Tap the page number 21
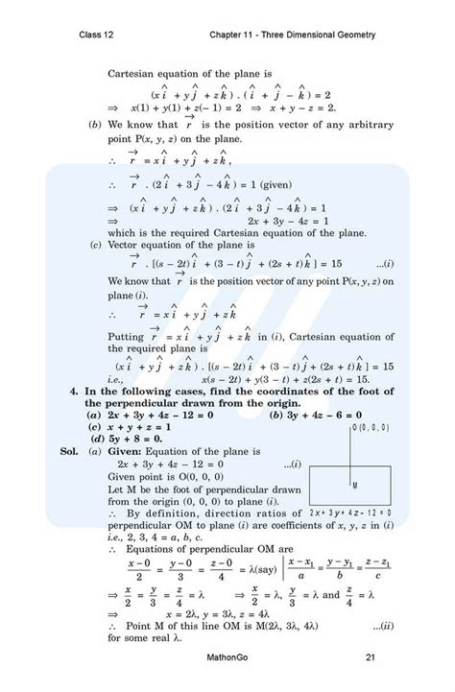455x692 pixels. click(370, 657)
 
